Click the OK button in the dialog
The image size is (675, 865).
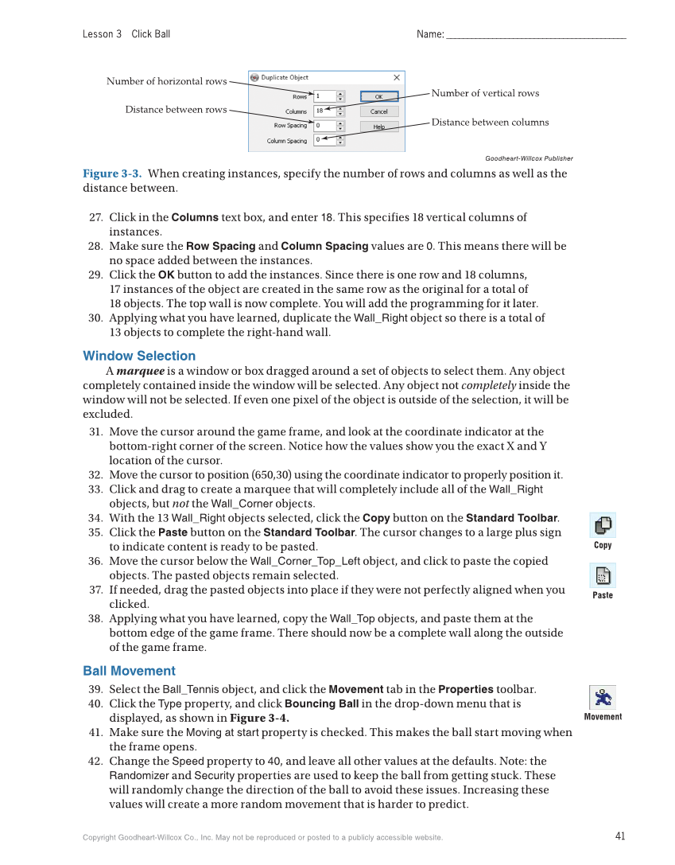(379, 96)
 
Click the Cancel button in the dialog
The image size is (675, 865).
(379, 111)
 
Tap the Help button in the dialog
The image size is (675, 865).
(379, 127)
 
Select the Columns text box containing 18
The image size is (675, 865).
(324, 111)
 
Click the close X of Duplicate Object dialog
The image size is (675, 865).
(397, 77)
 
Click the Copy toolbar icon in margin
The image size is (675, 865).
(603, 525)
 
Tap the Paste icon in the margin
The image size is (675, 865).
(603, 575)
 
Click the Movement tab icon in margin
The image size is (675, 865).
(603, 698)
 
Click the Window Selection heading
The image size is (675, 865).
(139, 356)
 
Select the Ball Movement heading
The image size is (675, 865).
(129, 671)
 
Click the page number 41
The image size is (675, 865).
(620, 836)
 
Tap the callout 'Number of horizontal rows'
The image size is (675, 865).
(166, 81)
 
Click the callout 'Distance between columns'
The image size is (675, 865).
(490, 122)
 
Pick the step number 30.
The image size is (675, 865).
(95, 318)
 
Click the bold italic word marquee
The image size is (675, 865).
(140, 371)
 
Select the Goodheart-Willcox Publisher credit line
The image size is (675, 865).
(529, 158)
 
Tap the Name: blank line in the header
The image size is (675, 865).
(536, 35)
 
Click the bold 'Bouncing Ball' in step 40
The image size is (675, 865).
(321, 704)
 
